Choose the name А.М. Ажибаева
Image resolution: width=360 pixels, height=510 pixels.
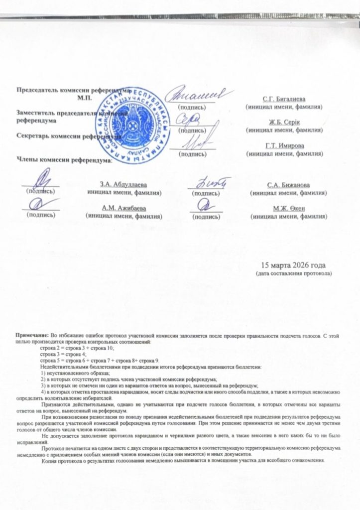(124, 208)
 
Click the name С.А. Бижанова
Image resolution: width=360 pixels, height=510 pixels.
(289, 185)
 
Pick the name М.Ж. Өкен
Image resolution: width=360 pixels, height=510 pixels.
(289, 209)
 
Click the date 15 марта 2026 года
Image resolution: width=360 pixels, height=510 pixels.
(294, 265)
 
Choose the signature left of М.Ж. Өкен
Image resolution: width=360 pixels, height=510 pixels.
(205, 204)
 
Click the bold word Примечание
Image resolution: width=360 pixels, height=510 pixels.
(33, 337)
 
